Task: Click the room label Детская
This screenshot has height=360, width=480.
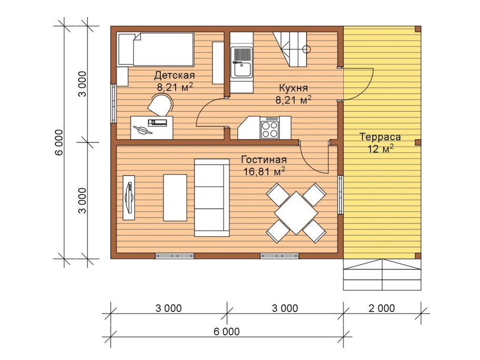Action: click(174, 75)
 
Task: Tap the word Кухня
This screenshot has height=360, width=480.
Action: click(293, 88)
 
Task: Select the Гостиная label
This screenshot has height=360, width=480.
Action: click(264, 160)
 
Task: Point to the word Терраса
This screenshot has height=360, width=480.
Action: click(380, 137)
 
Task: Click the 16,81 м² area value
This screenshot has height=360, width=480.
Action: click(264, 171)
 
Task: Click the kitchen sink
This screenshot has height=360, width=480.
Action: click(242, 62)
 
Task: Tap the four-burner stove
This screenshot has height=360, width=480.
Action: click(270, 128)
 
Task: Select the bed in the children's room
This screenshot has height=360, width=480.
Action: click(156, 49)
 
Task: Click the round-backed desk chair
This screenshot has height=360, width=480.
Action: click(160, 104)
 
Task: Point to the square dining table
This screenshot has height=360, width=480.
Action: click(296, 213)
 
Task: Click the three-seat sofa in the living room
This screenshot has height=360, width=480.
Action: click(212, 198)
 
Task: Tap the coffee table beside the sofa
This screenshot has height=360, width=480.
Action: click(175, 198)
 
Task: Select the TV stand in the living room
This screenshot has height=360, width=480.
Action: click(129, 197)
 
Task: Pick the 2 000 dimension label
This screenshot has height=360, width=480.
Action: click(381, 308)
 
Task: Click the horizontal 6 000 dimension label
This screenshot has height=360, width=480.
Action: click(226, 331)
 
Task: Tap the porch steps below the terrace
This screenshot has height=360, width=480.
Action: click(382, 275)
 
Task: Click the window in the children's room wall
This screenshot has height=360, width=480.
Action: click(113, 103)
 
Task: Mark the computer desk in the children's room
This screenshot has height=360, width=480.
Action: click(151, 128)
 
